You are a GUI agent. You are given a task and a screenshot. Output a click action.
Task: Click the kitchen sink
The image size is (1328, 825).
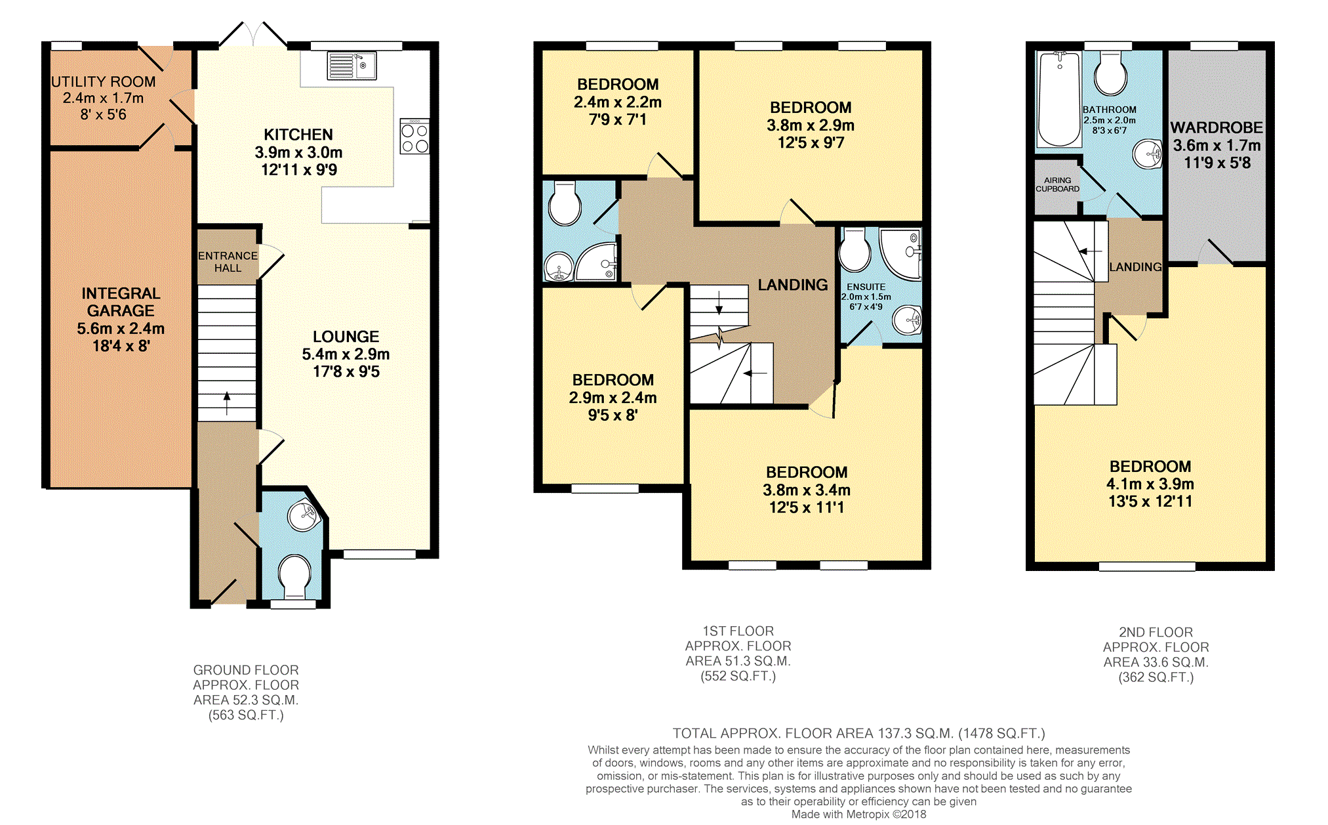coord(352,66)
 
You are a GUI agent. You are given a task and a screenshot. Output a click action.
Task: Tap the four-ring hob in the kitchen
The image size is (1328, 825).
coord(414,137)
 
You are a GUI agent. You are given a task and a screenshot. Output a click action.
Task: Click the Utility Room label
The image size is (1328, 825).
coord(104,82)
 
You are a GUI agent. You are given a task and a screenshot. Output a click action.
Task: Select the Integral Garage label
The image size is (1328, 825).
coord(121,302)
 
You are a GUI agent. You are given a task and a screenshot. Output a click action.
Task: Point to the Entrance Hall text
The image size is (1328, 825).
coord(228,262)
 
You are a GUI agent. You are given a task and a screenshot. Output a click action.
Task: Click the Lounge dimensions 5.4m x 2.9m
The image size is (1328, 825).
coord(346,354)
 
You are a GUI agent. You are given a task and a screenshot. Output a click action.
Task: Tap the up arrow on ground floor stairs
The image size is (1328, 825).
coord(227,403)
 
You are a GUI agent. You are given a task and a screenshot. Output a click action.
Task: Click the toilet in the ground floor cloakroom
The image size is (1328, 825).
coord(294,576)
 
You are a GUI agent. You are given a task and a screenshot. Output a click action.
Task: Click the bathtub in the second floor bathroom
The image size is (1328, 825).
coord(1059,99)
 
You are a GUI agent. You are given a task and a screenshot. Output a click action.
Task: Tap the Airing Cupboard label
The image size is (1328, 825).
coord(1057,184)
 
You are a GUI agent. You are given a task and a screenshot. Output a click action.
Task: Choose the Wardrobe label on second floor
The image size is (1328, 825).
coord(1217,128)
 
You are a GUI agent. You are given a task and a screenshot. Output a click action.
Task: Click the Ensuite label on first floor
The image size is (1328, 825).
coord(866,287)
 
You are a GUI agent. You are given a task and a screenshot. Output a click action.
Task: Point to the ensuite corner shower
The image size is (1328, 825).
coord(902,253)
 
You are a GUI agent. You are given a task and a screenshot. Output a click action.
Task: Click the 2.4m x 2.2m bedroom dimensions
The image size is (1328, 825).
coord(617,102)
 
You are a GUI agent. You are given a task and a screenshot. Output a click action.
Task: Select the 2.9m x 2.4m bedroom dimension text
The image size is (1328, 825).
coord(613,398)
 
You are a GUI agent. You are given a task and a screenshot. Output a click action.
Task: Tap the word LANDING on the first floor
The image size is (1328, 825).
coord(792,285)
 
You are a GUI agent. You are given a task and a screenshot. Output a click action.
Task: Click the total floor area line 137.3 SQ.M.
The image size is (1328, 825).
coord(858,733)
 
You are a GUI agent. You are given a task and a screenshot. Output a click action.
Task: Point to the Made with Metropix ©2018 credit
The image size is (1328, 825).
coord(858,814)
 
